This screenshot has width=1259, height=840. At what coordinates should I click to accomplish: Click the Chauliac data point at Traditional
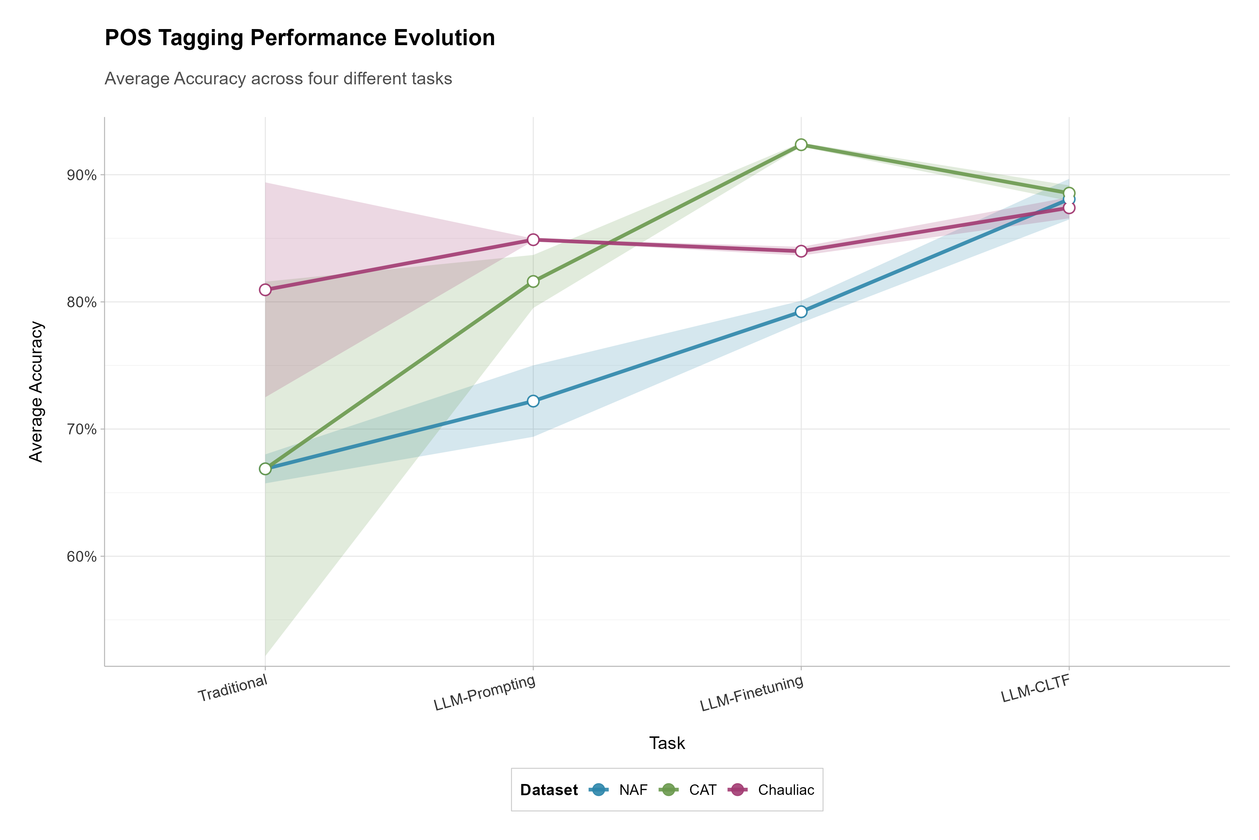pyautogui.click(x=265, y=290)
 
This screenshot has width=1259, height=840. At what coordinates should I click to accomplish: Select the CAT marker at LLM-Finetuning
pyautogui.click(x=801, y=145)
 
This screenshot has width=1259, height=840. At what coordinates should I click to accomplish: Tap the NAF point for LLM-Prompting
pyautogui.click(x=533, y=401)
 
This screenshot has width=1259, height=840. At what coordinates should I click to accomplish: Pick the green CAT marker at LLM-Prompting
pyautogui.click(x=533, y=281)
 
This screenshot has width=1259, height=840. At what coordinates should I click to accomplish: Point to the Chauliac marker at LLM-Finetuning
pyautogui.click(x=801, y=251)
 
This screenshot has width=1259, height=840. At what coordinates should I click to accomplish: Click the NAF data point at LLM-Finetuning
pyautogui.click(x=801, y=312)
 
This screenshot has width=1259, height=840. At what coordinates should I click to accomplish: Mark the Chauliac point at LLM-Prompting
pyautogui.click(x=533, y=239)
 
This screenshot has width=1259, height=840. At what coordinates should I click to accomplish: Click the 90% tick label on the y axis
pyautogui.click(x=81, y=175)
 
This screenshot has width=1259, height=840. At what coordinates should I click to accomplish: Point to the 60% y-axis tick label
pyautogui.click(x=81, y=556)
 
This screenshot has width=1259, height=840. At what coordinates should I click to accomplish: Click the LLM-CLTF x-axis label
pyautogui.click(x=1035, y=688)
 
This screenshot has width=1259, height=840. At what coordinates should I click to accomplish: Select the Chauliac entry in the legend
pyautogui.click(x=771, y=790)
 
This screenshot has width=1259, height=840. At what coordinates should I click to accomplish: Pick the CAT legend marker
pyautogui.click(x=669, y=790)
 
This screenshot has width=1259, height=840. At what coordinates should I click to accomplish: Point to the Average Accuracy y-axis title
pyautogui.click(x=36, y=392)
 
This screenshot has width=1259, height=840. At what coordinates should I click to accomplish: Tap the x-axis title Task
pyautogui.click(x=667, y=743)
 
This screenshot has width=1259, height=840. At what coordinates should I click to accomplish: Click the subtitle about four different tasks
pyautogui.click(x=278, y=79)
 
